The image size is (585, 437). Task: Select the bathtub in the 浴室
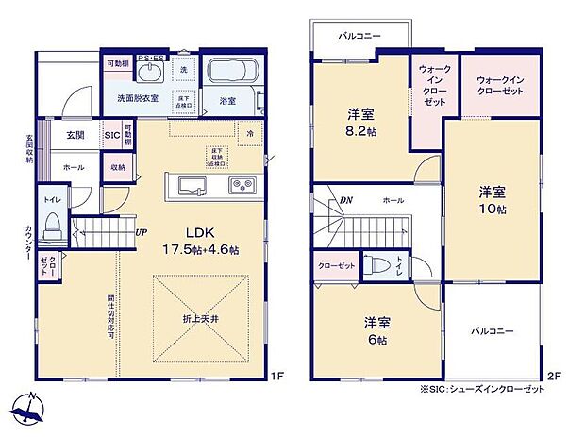coord(231,73)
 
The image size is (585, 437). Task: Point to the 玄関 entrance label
coord(75,136)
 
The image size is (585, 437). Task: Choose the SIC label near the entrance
coord(111,136)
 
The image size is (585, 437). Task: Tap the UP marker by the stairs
coord(141,232)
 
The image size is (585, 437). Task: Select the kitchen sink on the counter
coord(191,184)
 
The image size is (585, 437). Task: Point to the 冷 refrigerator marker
coord(250,134)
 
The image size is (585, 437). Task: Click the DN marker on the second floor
coord(346,200)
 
